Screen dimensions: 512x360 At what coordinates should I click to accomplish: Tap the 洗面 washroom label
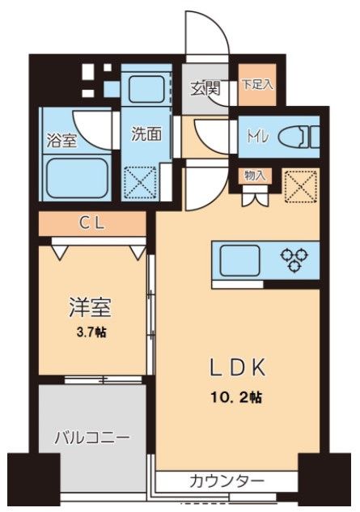(146, 134)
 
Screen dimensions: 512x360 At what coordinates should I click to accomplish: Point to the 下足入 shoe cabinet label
(258, 83)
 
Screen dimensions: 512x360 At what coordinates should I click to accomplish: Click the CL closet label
(91, 223)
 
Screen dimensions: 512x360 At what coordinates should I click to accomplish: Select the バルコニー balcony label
(91, 439)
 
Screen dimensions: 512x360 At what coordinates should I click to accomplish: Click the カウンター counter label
(227, 482)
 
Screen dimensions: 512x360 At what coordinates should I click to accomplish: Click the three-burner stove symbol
(293, 260)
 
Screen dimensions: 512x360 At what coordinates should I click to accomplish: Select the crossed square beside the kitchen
(300, 188)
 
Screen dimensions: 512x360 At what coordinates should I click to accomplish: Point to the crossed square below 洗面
(140, 183)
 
